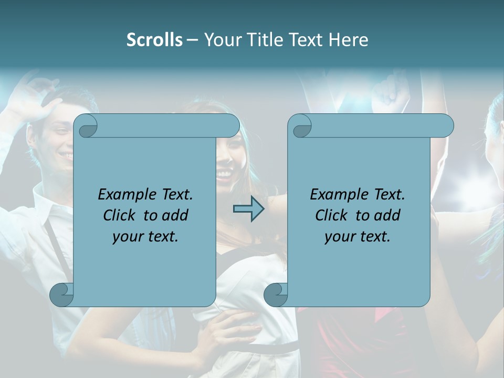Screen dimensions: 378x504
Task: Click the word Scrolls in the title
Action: point(154,40)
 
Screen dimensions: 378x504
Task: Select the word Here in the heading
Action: point(348,40)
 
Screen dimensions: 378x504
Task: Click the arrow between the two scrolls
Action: point(248,209)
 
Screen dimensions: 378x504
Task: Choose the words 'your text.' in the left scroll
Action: point(145,236)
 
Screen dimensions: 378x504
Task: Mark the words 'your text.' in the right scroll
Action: point(358,236)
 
